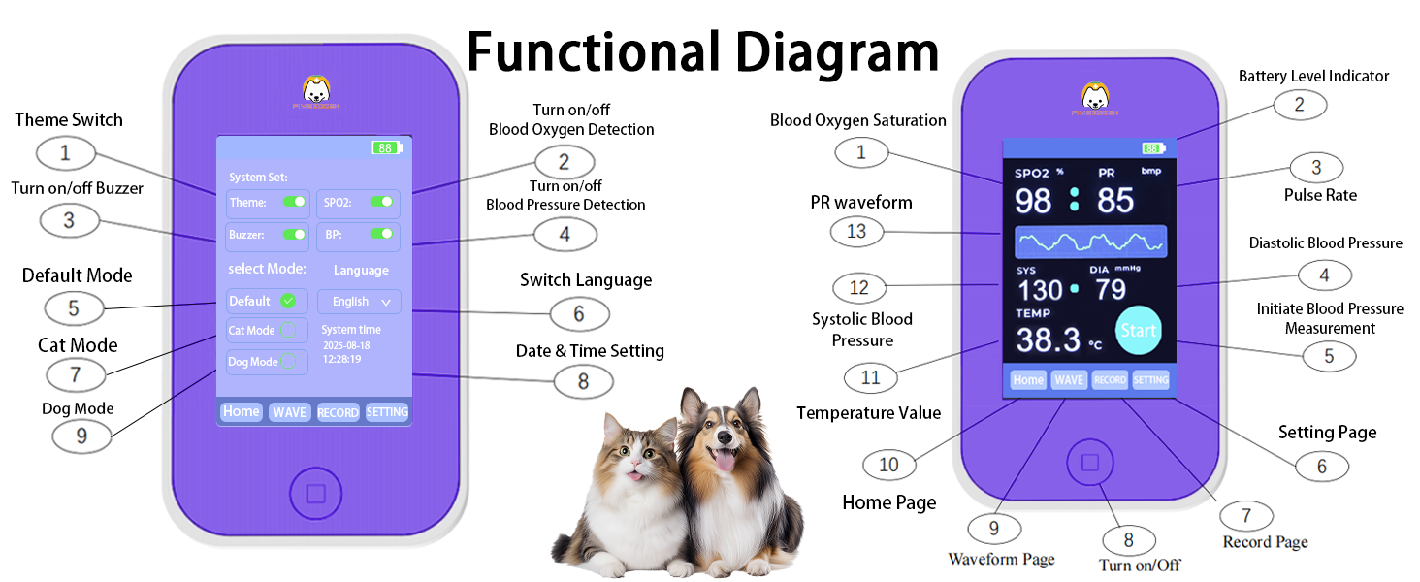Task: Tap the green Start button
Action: pyautogui.click(x=1138, y=330)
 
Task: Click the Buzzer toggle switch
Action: pyautogui.click(x=294, y=234)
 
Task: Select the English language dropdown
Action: pyautogui.click(x=359, y=302)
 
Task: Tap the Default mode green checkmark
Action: pyautogui.click(x=288, y=301)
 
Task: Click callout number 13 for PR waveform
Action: pyautogui.click(x=856, y=231)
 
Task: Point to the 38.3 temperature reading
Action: pyautogui.click(x=1048, y=339)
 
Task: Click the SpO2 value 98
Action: pyautogui.click(x=1033, y=201)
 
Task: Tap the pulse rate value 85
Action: pyautogui.click(x=1115, y=201)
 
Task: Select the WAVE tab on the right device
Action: pyautogui.click(x=1069, y=380)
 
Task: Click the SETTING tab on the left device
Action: pyautogui.click(x=387, y=412)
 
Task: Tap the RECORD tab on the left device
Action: pyautogui.click(x=338, y=412)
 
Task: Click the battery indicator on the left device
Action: pyautogui.click(x=386, y=148)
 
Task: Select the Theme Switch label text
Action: pyautogui.click(x=69, y=120)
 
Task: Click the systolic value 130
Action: pyautogui.click(x=1040, y=290)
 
